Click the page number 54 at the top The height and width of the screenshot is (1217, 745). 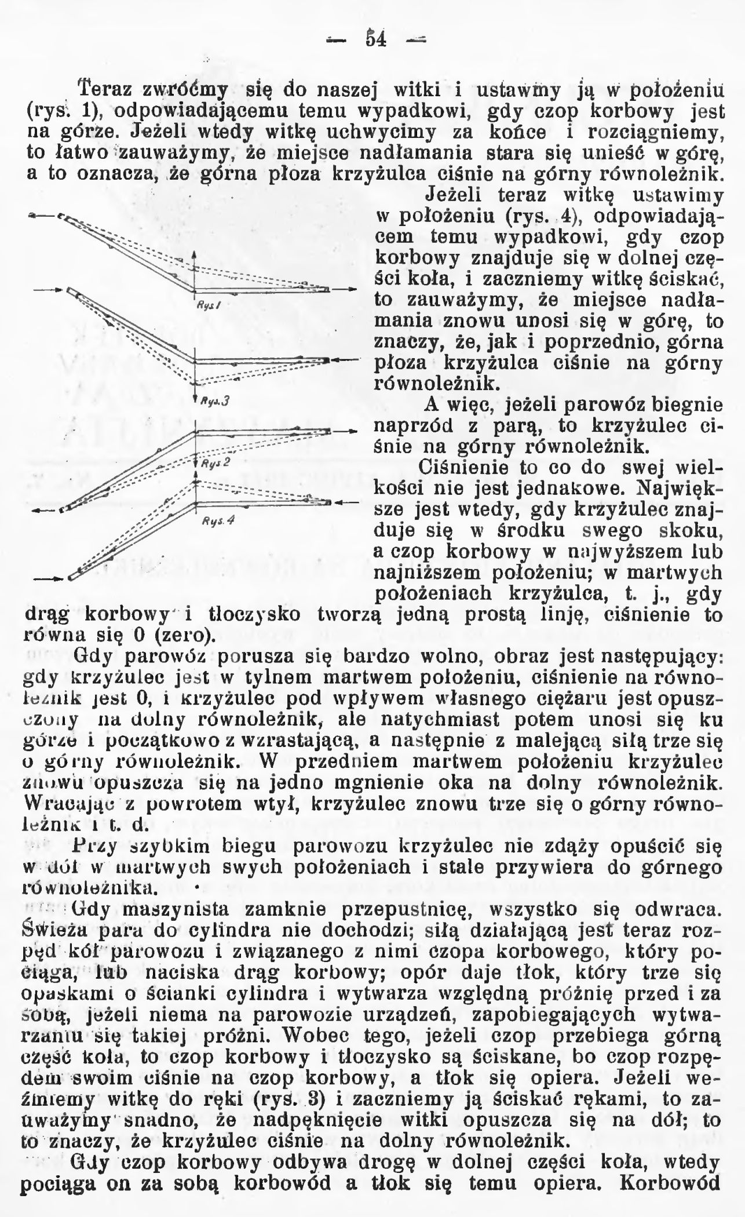(x=376, y=39)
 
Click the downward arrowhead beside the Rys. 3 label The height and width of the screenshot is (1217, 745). (x=195, y=399)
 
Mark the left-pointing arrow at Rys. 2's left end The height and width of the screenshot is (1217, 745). (x=44, y=511)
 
